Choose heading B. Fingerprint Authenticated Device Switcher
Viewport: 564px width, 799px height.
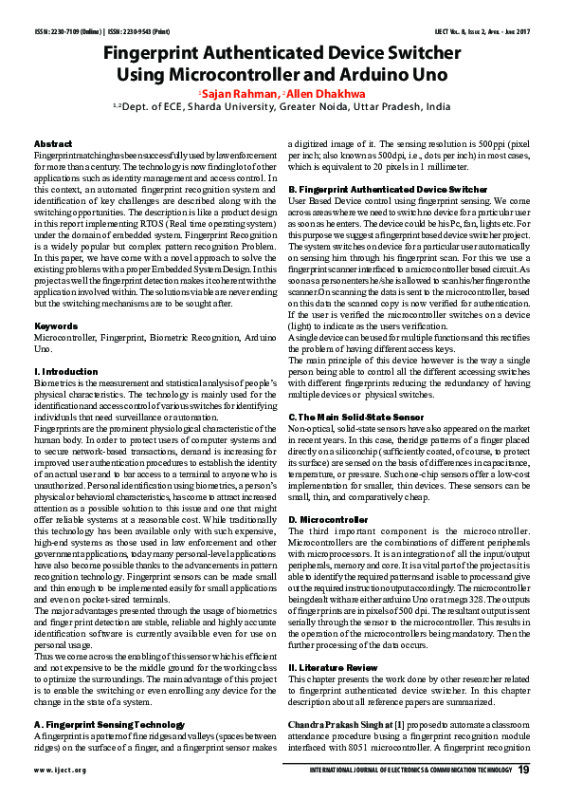click(374, 190)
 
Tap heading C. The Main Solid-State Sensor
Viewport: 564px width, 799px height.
click(356, 418)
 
